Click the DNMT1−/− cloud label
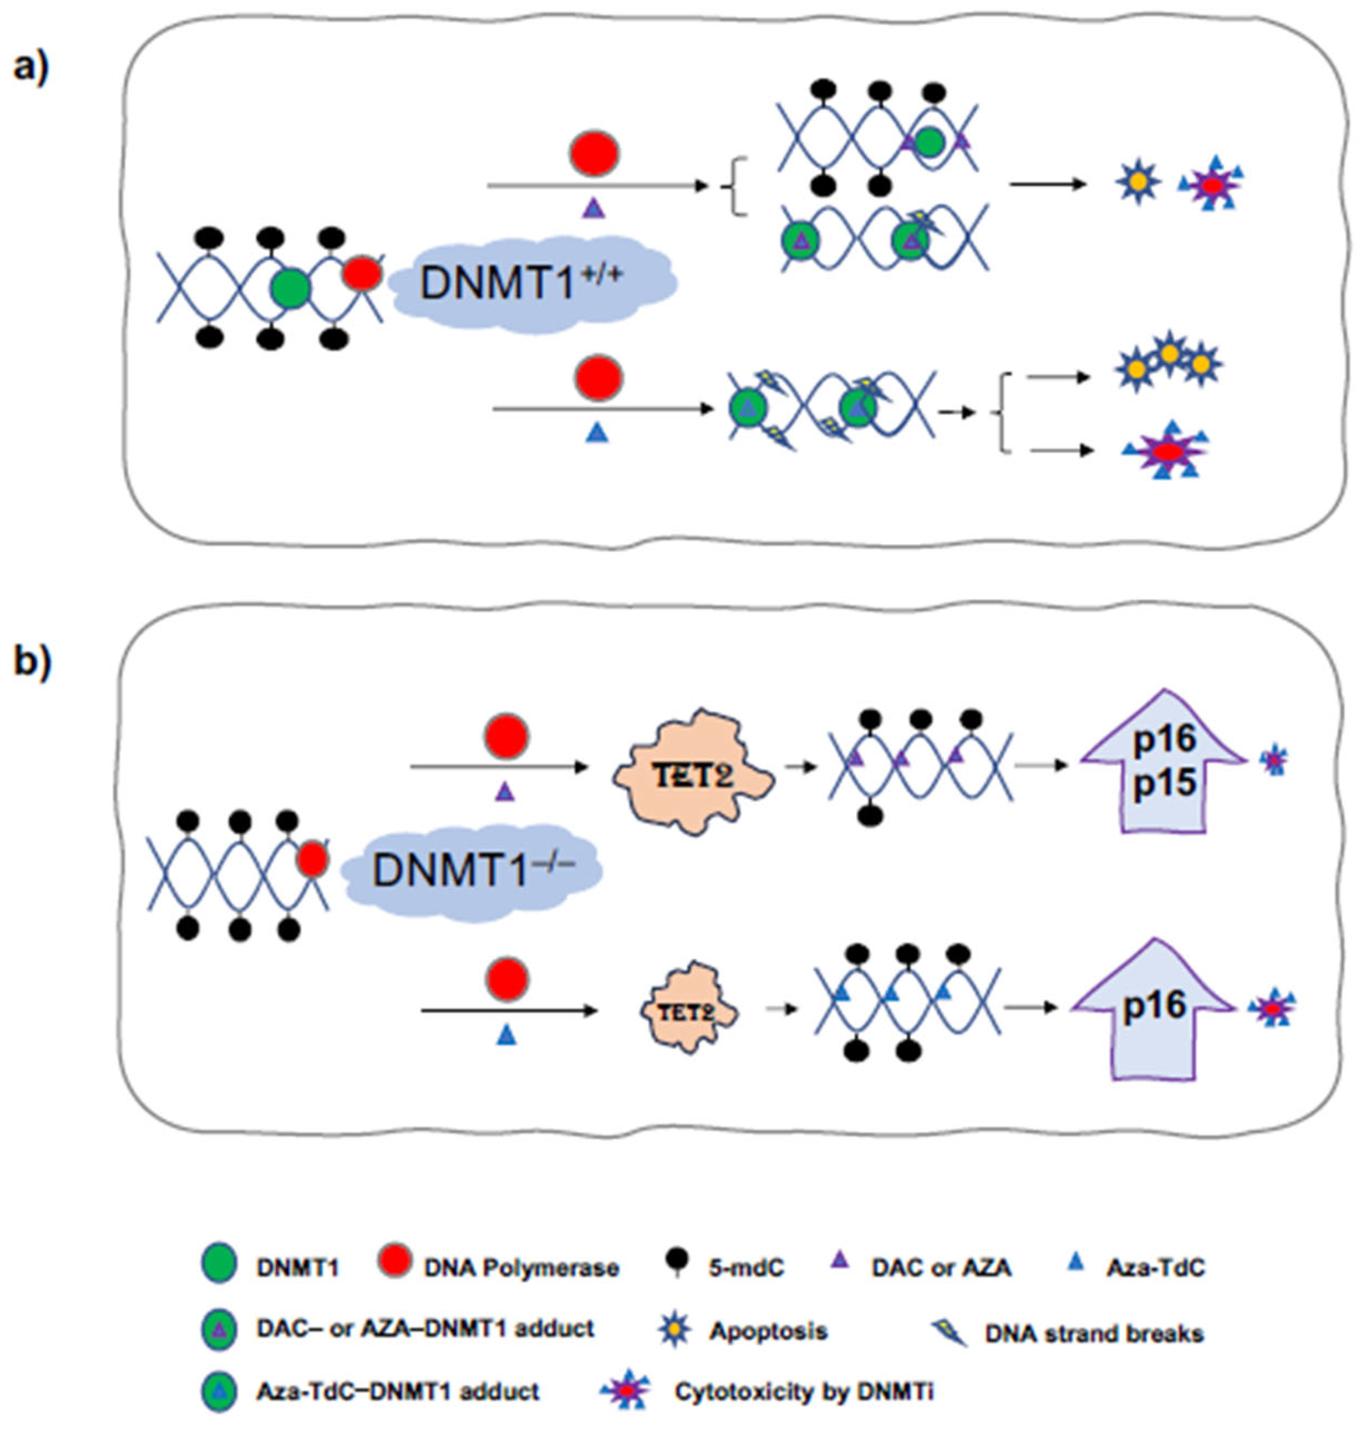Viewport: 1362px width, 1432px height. [x=472, y=870]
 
